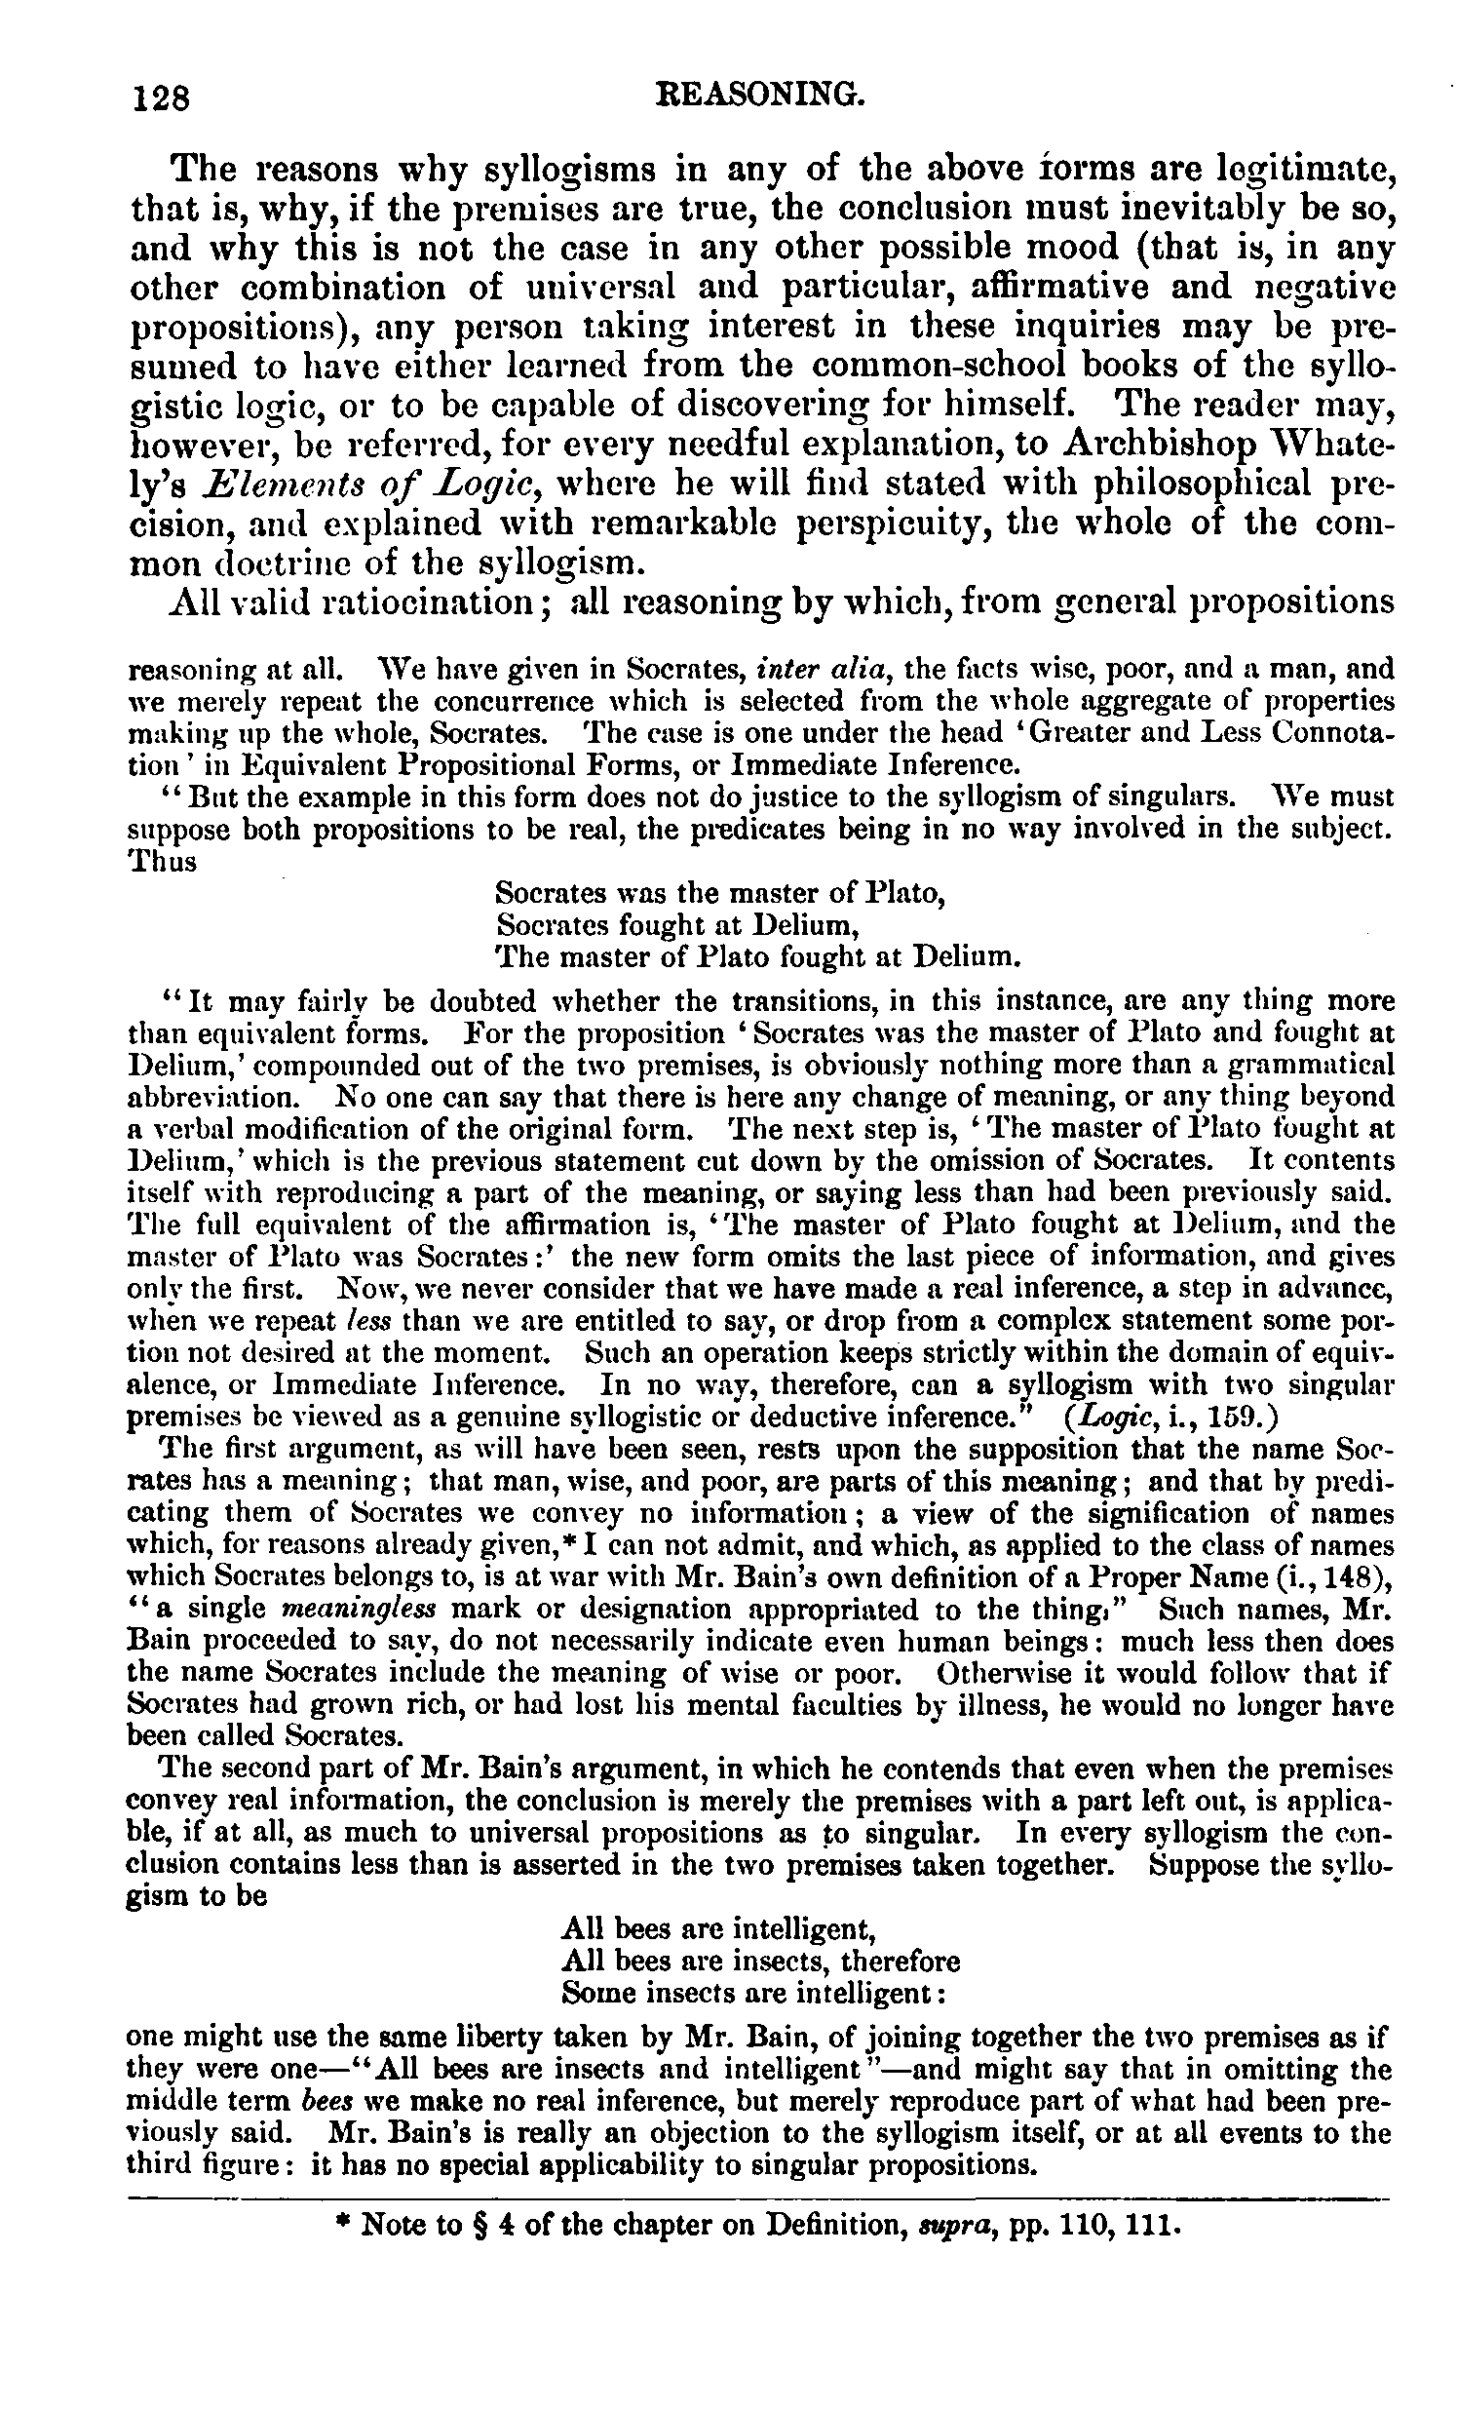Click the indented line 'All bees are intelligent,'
[716, 1928]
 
